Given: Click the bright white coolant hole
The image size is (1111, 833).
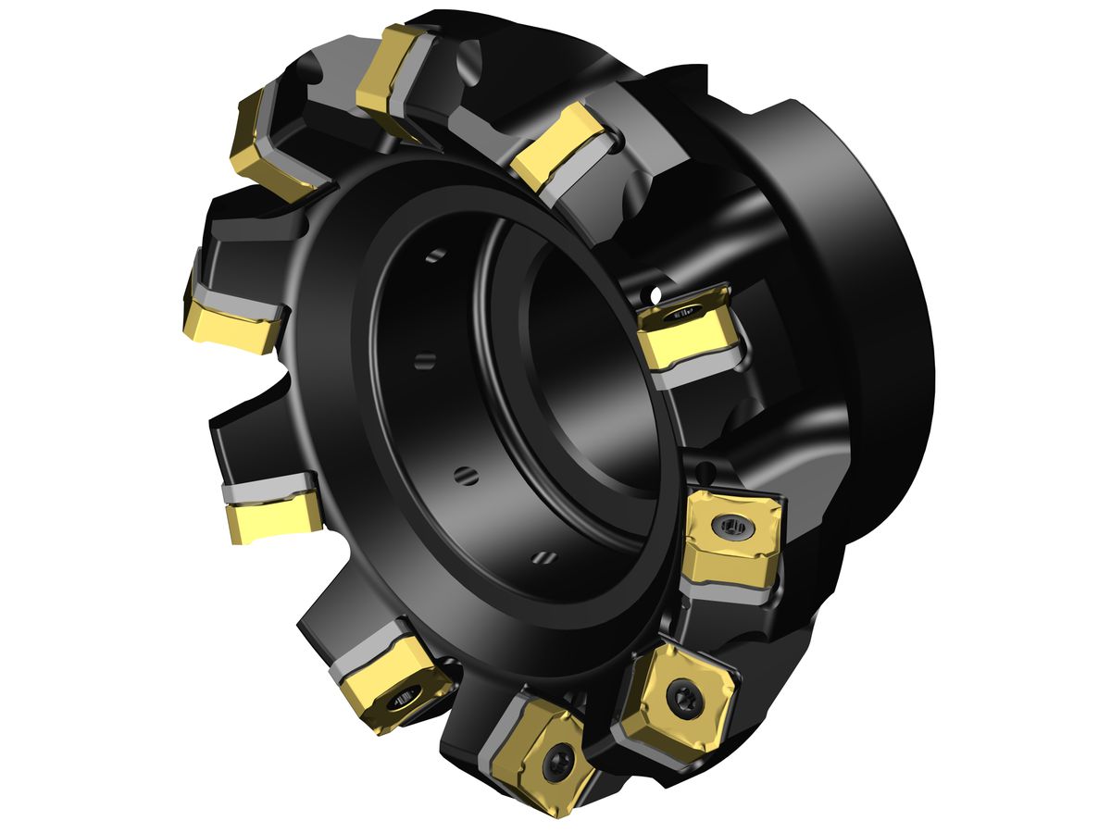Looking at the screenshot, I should pos(655,295).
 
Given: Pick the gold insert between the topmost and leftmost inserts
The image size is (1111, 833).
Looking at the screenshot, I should pos(264,139).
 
